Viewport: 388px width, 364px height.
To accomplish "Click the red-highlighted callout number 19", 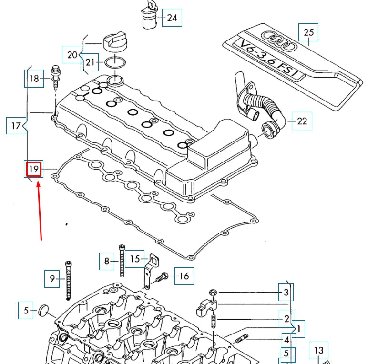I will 33,169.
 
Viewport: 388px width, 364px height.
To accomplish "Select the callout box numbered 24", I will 172,18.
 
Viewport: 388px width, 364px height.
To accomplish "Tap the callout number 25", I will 308,32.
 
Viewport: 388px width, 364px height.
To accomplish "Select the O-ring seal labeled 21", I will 115,62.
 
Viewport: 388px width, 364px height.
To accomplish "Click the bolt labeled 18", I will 55,76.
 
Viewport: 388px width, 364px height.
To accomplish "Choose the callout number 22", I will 302,121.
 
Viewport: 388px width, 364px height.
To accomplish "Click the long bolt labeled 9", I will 69,281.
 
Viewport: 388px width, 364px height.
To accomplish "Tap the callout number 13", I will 318,351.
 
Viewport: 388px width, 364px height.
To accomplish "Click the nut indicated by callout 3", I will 213,292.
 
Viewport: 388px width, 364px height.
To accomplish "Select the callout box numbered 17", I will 16,126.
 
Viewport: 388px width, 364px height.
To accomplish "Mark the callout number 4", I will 286,340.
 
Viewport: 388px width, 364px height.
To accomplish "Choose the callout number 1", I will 299,329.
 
